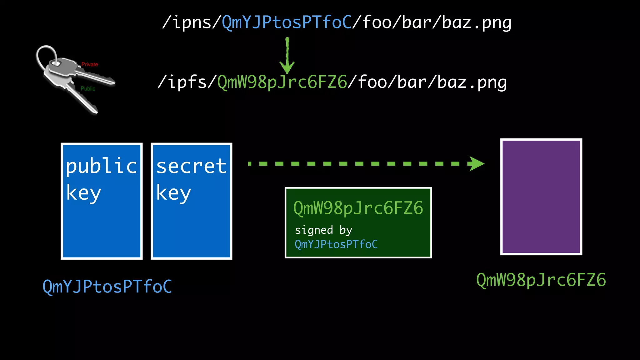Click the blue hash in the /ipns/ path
point(287,22)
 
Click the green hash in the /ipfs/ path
point(282,82)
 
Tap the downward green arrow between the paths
point(287,56)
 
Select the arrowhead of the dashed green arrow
point(476,163)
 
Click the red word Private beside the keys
point(90,64)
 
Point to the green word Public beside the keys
point(88,89)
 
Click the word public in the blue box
point(101,166)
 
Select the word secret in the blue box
point(191,166)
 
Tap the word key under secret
point(173,193)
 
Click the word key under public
point(83,193)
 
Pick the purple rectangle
point(541,197)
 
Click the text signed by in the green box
point(323,230)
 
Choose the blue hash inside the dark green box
point(336,244)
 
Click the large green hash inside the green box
point(358,208)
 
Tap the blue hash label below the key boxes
point(107,287)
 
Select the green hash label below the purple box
point(541,280)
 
